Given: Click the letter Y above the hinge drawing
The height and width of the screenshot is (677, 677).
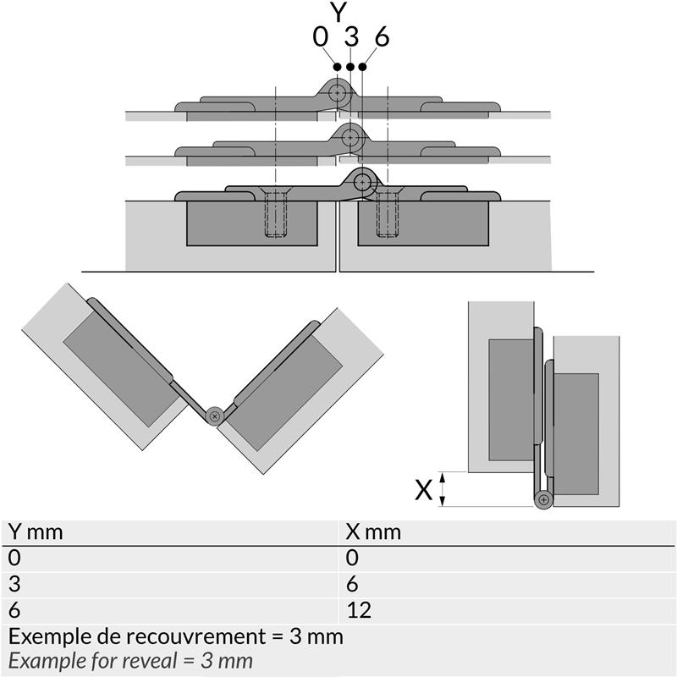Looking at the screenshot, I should coord(339,13).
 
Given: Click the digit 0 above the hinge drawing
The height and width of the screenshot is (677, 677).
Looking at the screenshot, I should coord(320,37).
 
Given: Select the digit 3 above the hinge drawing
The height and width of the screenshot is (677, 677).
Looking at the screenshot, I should coord(350,37).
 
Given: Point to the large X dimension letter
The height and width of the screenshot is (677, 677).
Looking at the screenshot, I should coord(425,489).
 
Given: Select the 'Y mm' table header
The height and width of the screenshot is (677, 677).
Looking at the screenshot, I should coord(36,532).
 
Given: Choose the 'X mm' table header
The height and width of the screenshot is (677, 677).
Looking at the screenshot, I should coord(373,532).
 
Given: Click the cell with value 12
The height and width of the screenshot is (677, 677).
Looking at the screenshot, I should coord(359,610).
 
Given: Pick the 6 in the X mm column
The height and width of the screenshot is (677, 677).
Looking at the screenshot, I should coord(352,584).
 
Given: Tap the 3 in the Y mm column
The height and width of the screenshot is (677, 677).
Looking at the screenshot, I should coord(14,584).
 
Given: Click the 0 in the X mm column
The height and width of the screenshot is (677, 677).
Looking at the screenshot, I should coord(352,558).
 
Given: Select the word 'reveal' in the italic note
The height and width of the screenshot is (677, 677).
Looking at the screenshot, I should coord(173,660).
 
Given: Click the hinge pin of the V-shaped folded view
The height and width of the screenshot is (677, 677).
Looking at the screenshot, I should coord(216,416).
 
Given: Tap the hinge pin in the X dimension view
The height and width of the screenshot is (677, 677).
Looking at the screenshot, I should coord(542,499).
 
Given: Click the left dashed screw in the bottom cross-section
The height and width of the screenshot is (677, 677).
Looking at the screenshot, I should coord(276,215).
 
